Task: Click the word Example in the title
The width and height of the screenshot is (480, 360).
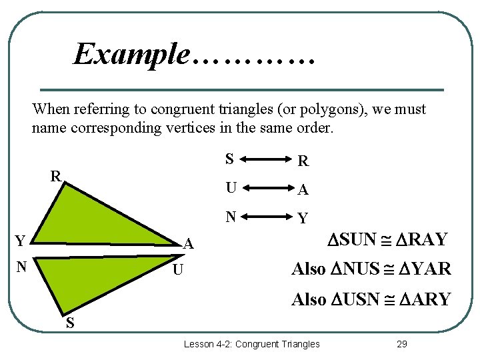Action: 132,53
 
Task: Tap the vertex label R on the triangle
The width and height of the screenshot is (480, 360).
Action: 57,177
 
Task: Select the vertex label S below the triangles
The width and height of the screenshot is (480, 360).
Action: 69,325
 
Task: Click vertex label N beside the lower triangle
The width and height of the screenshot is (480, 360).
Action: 21,267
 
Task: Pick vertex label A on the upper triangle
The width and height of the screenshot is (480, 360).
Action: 189,245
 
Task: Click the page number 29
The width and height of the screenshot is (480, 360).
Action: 401,344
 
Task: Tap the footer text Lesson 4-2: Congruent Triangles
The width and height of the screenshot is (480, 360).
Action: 251,344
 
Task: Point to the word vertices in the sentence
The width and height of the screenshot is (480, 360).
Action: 189,127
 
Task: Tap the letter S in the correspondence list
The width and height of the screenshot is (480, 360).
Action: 229,159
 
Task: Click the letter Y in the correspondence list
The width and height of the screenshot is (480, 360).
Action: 303,219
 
